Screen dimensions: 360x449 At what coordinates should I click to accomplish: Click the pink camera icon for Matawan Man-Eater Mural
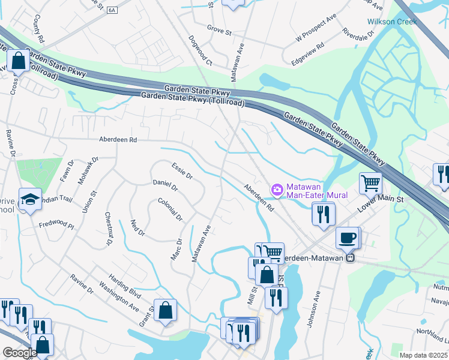[277, 190]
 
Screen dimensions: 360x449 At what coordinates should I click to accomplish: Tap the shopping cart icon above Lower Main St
[371, 182]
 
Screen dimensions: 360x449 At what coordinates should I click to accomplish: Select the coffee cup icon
[348, 237]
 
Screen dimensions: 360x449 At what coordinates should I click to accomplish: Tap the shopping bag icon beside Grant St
[166, 310]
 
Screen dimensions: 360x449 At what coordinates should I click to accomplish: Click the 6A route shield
[112, 10]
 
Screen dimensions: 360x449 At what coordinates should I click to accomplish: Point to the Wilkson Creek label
[391, 22]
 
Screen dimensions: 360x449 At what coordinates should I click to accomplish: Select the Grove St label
[219, 29]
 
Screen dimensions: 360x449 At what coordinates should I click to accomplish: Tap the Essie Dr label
[181, 171]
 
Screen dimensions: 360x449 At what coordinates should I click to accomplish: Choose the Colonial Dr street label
[170, 209]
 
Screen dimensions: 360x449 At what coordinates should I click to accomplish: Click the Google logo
[20, 353]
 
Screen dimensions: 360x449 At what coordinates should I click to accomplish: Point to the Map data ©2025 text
[423, 355]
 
